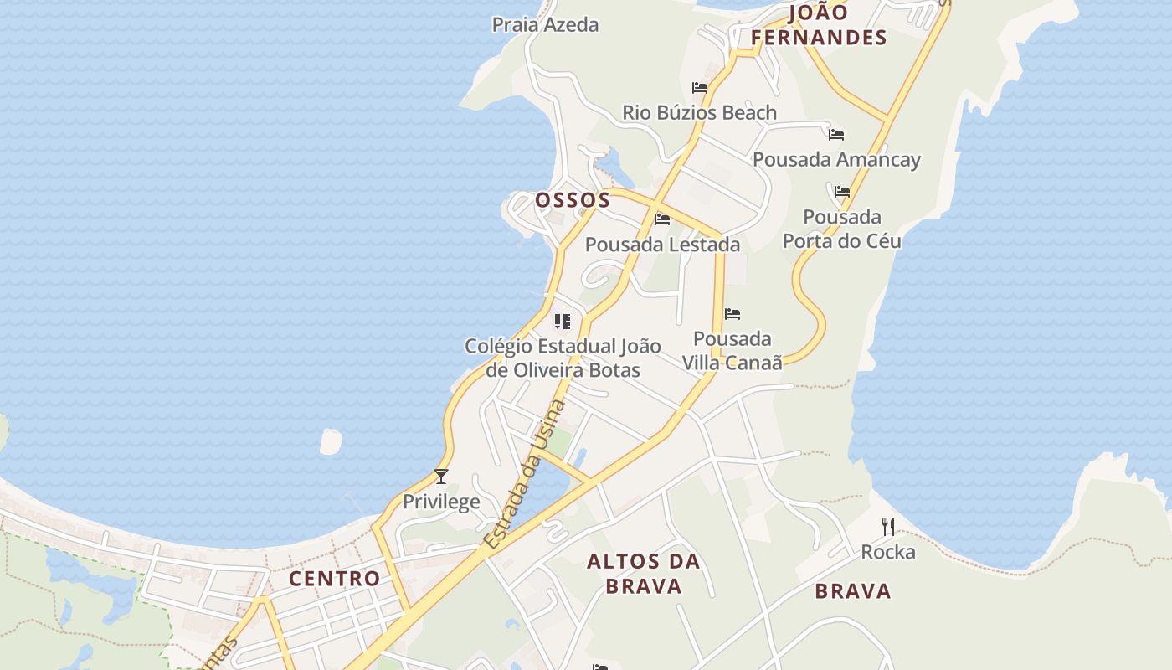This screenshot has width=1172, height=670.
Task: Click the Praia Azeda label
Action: coord(545,24)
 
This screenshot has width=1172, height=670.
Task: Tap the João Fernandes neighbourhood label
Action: coord(818,25)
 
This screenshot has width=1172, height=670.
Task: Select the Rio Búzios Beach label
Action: coord(699,112)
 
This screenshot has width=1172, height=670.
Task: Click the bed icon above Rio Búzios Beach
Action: coord(700,87)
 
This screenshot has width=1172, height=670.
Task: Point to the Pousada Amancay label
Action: coord(836,159)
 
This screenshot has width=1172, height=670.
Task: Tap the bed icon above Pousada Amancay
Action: coord(835,134)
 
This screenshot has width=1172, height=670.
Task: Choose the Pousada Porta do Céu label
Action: coord(841,229)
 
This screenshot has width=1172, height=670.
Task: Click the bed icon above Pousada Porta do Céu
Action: coord(842,192)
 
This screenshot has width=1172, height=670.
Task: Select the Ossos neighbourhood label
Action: coord(573,200)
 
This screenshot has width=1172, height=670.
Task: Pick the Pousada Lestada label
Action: coord(662,245)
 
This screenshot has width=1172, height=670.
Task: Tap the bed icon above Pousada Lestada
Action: coord(662,219)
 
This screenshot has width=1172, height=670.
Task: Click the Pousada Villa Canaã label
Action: coord(732,350)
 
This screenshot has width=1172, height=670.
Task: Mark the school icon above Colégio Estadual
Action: coord(563,321)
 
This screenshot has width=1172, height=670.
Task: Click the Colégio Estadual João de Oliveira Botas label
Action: coord(563,358)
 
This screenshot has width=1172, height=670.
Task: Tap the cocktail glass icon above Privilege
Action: coord(441,477)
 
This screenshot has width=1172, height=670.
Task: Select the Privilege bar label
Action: coord(441,502)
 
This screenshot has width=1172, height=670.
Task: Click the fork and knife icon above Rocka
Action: coord(888,527)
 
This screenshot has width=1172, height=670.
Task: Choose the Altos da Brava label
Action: coord(644,573)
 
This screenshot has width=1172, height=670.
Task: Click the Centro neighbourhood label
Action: coord(334,578)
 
